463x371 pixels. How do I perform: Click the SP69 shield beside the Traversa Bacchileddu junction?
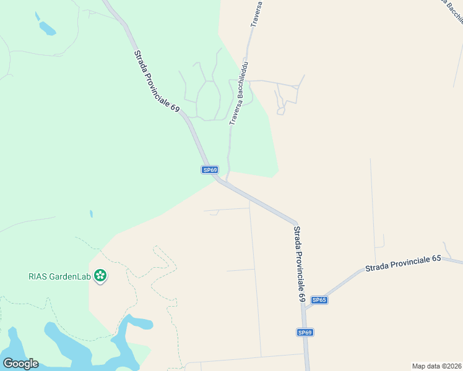pyautogui.click(x=210, y=169)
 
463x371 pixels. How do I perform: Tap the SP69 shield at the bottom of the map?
pyautogui.click(x=305, y=333)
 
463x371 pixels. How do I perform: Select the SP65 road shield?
pyautogui.click(x=319, y=300)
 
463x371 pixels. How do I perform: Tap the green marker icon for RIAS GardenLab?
pyautogui.click(x=100, y=276)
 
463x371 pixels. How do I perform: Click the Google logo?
pyautogui.click(x=20, y=364)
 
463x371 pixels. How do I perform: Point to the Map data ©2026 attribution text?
pyautogui.click(x=436, y=365)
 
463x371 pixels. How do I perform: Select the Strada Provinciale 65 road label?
pyautogui.click(x=402, y=263)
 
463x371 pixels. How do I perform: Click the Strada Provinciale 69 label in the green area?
pyautogui.click(x=157, y=80)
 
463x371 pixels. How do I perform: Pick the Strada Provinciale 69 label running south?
pyautogui.click(x=300, y=263)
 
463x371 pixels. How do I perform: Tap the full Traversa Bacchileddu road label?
pyautogui.click(x=238, y=93)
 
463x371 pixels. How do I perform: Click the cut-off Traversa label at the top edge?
pyautogui.click(x=256, y=14)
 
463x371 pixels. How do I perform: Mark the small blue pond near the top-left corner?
pyautogui.click(x=47, y=28)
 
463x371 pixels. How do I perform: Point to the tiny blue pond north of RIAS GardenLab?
pyautogui.click(x=91, y=214)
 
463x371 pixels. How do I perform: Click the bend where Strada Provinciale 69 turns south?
pyautogui.click(x=296, y=223)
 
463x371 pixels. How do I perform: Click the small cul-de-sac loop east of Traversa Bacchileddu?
pyautogui.click(x=280, y=111)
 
